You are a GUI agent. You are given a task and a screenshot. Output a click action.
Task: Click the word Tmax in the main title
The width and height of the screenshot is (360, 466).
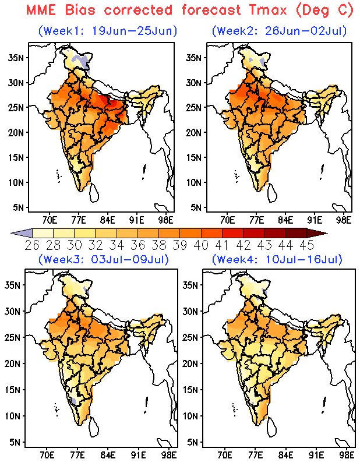coord(268,10)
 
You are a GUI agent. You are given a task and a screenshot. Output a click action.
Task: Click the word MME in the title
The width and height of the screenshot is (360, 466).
coord(41,10)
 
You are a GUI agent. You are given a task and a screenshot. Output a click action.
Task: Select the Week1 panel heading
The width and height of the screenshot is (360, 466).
coord(108,31)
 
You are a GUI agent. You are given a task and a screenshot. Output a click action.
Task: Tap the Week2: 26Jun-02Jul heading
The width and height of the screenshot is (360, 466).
coord(280,31)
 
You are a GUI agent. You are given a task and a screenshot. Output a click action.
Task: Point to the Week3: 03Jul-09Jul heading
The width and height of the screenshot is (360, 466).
coord(104,259)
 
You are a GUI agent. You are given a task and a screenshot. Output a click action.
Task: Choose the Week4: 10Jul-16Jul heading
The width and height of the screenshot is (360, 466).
coord(277,259)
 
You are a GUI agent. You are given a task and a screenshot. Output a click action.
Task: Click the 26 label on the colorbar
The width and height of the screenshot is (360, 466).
coord(32,245)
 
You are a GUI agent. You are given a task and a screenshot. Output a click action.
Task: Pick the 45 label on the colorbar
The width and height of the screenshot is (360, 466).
coord(307,245)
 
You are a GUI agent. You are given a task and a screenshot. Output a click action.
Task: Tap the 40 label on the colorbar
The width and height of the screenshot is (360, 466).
coord(201,245)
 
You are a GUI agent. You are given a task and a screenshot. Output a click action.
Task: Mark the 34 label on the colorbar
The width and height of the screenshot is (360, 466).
coord(117,245)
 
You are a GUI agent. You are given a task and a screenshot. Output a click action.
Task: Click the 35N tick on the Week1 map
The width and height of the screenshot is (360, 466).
coord(16,57)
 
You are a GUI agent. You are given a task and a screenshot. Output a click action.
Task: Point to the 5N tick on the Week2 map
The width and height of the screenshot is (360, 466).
coord(196,207)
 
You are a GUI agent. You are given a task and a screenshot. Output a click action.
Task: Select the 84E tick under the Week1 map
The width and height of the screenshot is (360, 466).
coord(108,220)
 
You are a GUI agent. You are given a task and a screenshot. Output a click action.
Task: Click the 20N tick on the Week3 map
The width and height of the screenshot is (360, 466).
coord(12,363)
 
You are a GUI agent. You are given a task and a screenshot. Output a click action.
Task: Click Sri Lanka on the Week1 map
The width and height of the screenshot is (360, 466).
coord(94,193)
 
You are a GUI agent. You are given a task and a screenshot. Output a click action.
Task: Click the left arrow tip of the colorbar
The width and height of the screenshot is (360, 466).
coord(11,234)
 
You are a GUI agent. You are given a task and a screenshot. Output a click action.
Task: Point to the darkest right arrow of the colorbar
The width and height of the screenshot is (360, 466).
coord(317,234)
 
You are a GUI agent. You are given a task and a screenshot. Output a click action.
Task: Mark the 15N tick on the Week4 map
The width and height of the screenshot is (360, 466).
coord(190,390)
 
